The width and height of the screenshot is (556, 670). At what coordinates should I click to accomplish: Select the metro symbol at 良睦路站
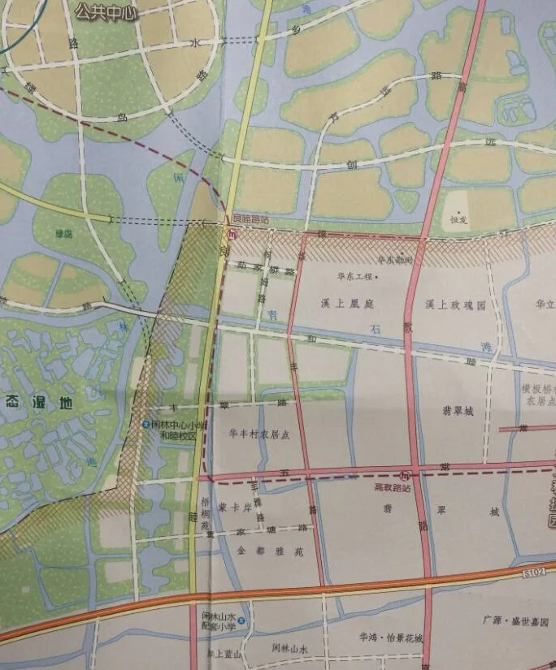pos(231,235)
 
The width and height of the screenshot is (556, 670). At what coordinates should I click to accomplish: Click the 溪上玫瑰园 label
pos(454,305)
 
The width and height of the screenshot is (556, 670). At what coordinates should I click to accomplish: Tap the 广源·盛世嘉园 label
pos(515,621)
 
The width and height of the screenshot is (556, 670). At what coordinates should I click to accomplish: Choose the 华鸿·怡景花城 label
pos(391,638)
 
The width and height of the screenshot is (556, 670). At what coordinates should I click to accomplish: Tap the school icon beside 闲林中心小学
pos(146,425)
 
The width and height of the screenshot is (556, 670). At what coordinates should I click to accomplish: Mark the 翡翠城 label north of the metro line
pos(458,410)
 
